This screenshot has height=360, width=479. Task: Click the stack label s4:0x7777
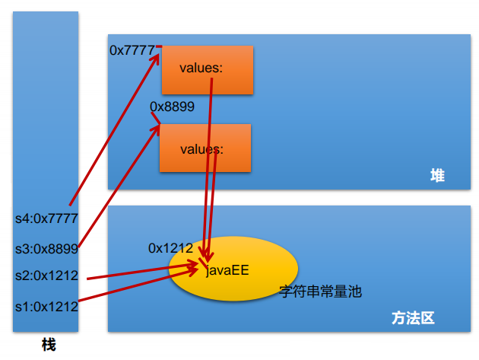pos(46,218)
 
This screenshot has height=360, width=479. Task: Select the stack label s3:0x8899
pos(46,248)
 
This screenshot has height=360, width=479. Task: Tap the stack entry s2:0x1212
pos(46,276)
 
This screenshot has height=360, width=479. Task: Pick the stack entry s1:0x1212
pos(46,307)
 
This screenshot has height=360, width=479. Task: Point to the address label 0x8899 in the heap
pos(172,107)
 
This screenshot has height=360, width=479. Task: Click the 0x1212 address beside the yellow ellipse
pos(170,248)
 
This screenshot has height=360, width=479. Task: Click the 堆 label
pos(437,177)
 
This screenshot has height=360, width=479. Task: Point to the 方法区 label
pos(413,318)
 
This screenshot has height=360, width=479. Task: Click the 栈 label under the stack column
pos(48,345)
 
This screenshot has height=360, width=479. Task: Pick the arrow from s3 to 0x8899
pos(118,186)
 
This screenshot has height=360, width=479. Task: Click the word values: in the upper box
pos(201,68)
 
